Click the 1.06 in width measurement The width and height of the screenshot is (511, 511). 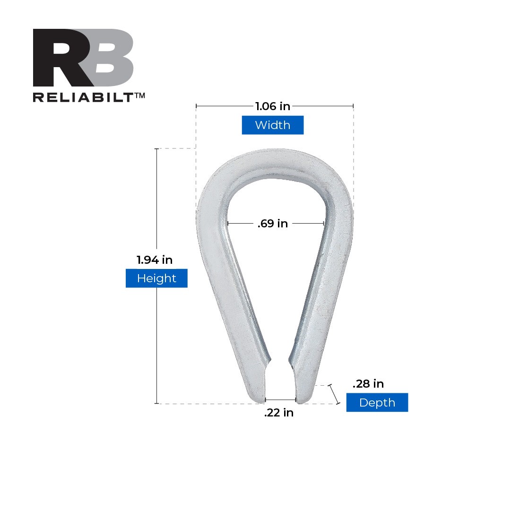click(273, 106)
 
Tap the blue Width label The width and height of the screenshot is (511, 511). click(273, 125)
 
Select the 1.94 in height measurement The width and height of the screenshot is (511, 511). click(155, 260)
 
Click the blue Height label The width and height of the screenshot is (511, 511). click(156, 278)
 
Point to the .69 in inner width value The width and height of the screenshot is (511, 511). click(273, 224)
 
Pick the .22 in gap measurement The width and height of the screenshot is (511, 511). click(279, 413)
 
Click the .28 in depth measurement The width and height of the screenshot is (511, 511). click(368, 384)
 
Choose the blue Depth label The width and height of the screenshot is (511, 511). click(377, 403)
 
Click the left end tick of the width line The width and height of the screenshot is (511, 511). click(196, 106)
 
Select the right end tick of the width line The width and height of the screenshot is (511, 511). click(354, 106)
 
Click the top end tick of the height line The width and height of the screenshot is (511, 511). click(156, 149)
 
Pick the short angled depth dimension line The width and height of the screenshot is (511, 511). click(334, 394)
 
